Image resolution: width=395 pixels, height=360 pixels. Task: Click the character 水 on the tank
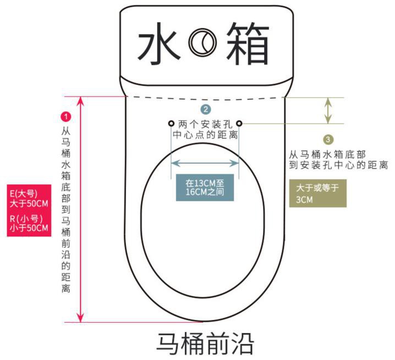click(160, 43)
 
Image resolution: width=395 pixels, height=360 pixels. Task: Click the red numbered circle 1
click(66, 117)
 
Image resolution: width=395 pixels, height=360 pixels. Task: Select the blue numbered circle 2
click(205, 109)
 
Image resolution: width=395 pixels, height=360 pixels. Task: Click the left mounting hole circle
click(171, 123)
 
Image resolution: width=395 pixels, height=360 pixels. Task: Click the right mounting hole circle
click(239, 123)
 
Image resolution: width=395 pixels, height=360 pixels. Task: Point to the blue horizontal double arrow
click(205, 163)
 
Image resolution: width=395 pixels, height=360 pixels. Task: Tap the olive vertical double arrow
click(328, 110)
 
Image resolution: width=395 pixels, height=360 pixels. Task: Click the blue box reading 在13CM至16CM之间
click(205, 187)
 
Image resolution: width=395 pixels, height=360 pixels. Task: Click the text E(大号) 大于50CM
click(29, 198)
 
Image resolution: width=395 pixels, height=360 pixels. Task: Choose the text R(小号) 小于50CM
click(29, 223)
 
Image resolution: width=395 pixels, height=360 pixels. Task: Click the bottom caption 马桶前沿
click(205, 342)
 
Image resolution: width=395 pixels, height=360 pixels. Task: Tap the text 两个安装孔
click(205, 124)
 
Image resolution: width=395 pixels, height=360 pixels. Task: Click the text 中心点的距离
click(205, 135)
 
